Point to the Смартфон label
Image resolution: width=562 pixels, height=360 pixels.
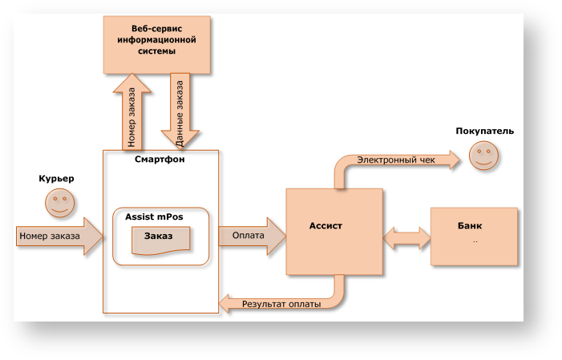pyautogui.click(x=160, y=159)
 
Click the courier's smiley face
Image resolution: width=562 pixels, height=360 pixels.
pyautogui.click(x=59, y=204)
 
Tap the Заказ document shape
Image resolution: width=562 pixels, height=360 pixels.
pyautogui.click(x=160, y=237)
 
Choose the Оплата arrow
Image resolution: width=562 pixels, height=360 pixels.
pyautogui.click(x=252, y=236)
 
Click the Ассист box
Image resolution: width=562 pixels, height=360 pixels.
pyautogui.click(x=334, y=230)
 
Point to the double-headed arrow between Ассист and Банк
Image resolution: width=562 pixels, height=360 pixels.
pyautogui.click(x=407, y=236)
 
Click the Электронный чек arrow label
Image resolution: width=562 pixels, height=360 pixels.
pyautogui.click(x=395, y=160)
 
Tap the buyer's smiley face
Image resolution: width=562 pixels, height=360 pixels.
pyautogui.click(x=483, y=156)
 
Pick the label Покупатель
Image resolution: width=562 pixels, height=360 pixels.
pyautogui.click(x=485, y=131)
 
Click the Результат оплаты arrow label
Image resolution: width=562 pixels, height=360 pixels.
pyautogui.click(x=281, y=305)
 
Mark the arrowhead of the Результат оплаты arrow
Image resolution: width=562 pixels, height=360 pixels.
pyautogui.click(x=226, y=304)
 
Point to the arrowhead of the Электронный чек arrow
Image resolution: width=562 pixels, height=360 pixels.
pyautogui.click(x=455, y=160)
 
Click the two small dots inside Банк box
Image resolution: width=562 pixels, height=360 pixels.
pyautogui.click(x=475, y=241)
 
